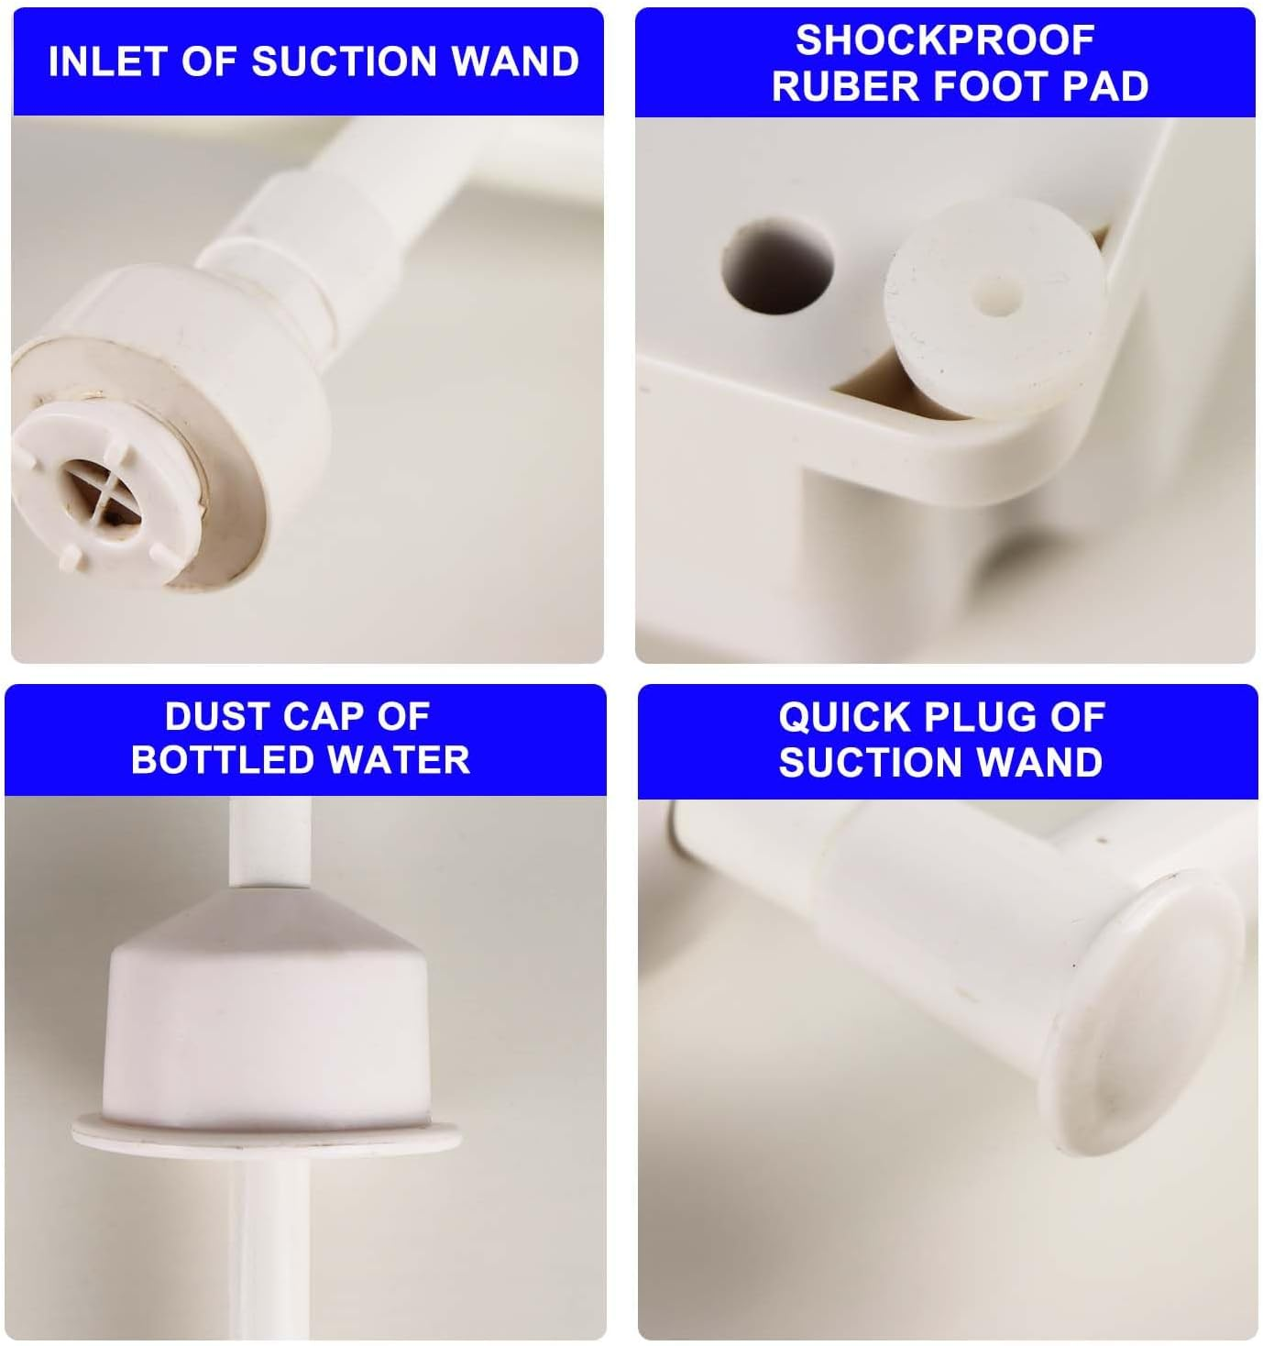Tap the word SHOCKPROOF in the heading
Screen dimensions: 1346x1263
944,39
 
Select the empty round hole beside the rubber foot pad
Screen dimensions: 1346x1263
778,262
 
